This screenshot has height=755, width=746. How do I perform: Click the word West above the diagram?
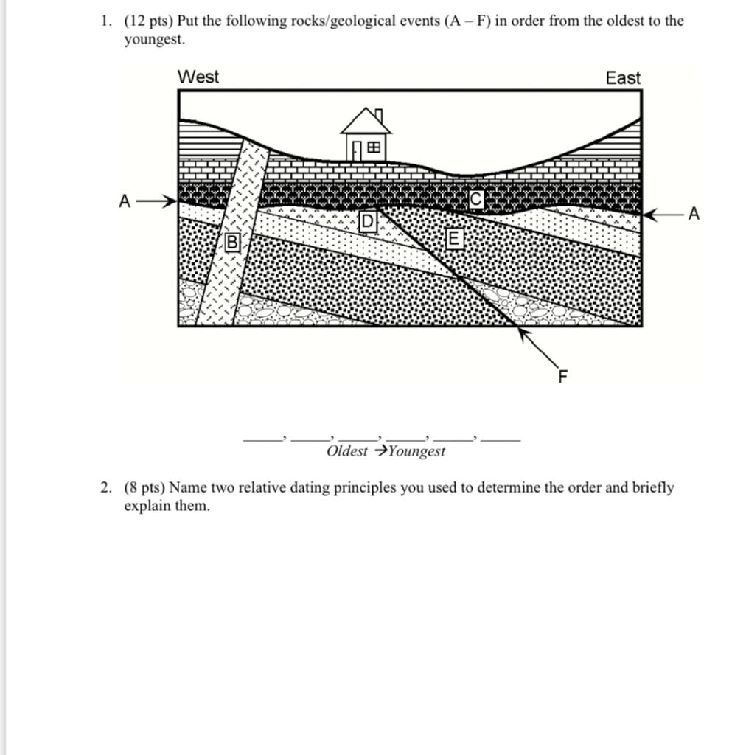(198, 77)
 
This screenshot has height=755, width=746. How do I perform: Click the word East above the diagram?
(623, 77)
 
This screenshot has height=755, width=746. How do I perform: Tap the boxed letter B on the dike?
(232, 242)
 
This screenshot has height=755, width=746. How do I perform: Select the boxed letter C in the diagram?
(476, 199)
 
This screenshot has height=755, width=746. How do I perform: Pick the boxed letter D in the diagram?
(367, 221)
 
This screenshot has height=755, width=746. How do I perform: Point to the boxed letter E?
(454, 238)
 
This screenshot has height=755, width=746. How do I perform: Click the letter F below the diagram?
(563, 377)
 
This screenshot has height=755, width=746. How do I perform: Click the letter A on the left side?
(125, 201)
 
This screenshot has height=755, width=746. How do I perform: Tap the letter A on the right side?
(693, 214)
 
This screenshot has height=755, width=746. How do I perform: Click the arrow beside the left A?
(157, 201)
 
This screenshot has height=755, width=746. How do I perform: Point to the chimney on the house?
(379, 116)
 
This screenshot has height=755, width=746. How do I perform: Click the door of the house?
(356, 151)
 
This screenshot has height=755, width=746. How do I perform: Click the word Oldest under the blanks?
(346, 451)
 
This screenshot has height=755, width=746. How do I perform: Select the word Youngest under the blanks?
(416, 451)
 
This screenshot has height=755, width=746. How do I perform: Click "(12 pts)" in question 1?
(148, 21)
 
